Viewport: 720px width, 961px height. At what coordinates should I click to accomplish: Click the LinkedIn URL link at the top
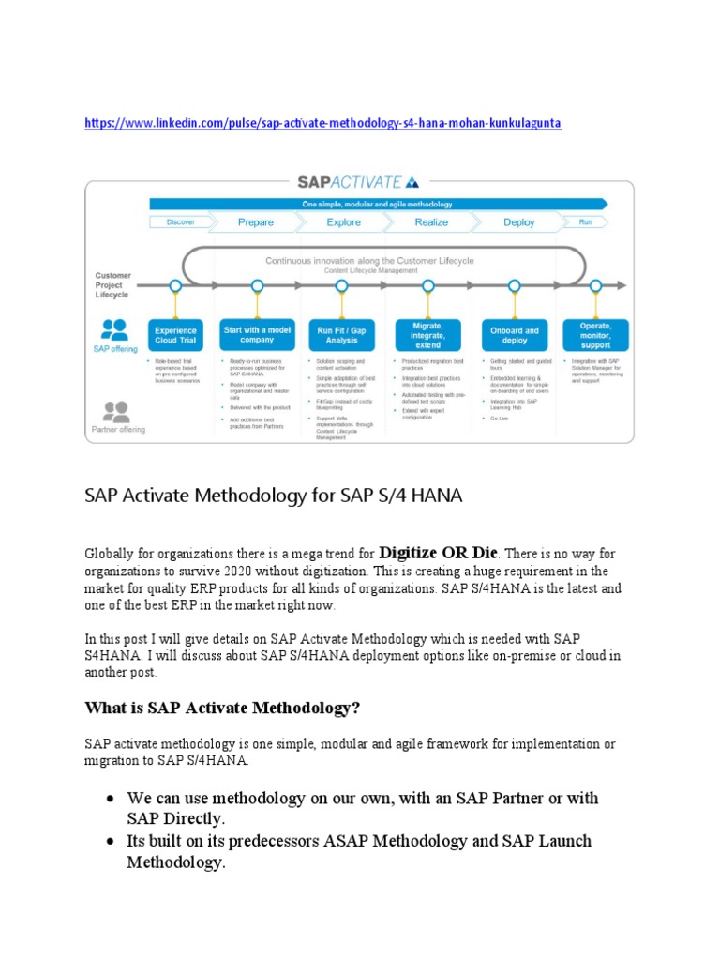[x=322, y=124]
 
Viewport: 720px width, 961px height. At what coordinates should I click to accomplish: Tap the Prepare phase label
[x=256, y=222]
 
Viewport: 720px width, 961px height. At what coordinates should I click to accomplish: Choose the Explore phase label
[x=343, y=222]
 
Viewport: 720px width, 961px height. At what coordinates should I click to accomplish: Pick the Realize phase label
[x=431, y=222]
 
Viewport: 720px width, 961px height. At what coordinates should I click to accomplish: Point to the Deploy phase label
[x=518, y=222]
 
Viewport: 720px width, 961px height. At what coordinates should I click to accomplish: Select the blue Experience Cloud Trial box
[x=175, y=335]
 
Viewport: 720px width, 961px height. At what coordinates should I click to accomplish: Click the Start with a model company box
[x=256, y=335]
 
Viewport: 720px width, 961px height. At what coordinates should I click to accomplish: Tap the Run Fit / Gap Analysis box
[x=343, y=335]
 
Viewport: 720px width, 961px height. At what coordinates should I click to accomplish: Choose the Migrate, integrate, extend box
[x=427, y=334]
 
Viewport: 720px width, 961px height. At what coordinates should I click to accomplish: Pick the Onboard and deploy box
[x=514, y=335]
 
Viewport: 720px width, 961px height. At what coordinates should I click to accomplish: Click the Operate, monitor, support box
[x=596, y=335]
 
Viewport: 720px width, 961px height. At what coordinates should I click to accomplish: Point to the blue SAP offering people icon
[x=115, y=329]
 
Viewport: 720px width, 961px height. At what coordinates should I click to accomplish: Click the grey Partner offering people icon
[x=115, y=411]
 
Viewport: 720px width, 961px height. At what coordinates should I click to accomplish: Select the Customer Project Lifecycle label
[x=112, y=285]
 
